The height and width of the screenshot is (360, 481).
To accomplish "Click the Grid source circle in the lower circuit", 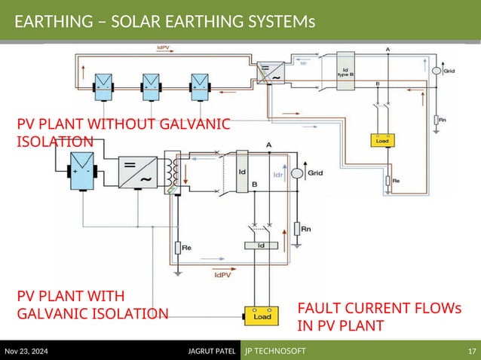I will coord(297,173).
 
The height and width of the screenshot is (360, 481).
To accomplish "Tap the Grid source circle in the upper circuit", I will coord(437,70).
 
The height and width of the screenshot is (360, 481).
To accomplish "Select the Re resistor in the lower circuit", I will coord(178,247).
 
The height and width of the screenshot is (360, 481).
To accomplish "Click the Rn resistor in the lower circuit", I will coord(297,227).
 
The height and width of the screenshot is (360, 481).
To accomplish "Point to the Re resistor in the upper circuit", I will coord(388,181).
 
